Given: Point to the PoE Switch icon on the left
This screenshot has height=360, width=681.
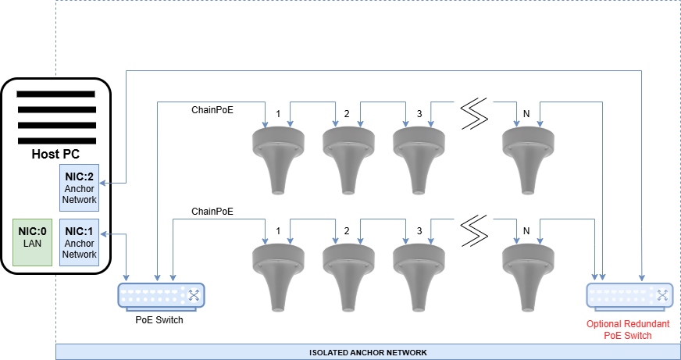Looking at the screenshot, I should coord(159,294).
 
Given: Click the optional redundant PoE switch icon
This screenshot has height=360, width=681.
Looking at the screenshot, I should coord(628,294).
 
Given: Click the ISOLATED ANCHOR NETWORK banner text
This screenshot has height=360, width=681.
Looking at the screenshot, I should coord(368,352).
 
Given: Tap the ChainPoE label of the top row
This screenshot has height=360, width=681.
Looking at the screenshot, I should coord(212,109).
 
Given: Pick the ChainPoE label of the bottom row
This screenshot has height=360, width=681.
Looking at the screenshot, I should coord(212,211).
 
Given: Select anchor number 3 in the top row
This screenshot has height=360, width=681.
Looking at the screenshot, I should coord(414,156).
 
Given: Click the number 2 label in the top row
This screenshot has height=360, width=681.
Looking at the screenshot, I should coord(347,114).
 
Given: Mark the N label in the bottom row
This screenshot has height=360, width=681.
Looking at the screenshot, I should coord(526,231).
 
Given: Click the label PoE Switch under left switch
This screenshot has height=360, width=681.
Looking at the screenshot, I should coord(159,319).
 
